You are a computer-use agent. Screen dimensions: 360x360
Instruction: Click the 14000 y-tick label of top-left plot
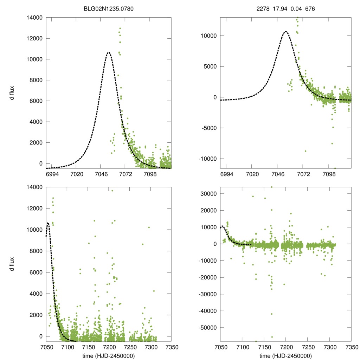pos(34,18)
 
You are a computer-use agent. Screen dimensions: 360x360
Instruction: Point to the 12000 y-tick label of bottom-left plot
pos(34,208)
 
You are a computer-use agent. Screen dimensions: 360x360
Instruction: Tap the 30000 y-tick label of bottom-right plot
pos(208,194)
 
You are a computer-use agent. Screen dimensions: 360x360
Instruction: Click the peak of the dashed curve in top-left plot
pos(109,52)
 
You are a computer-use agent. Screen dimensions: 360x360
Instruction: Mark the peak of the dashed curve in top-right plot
pos(285,32)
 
